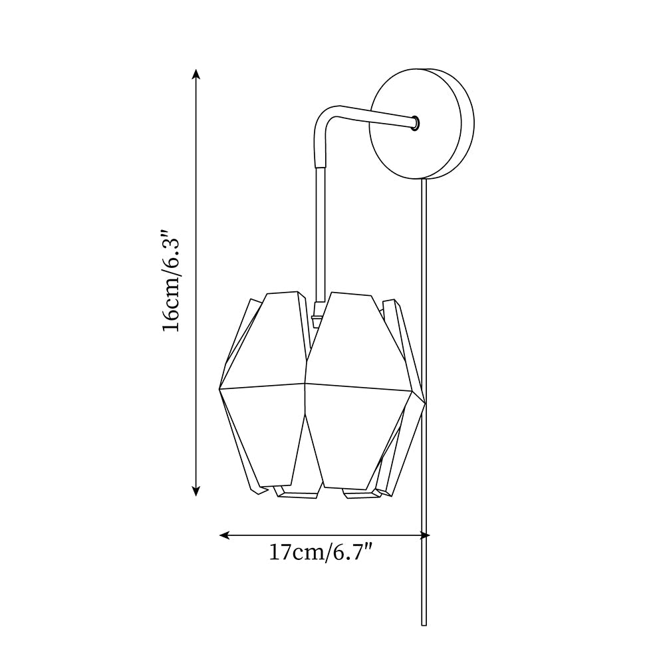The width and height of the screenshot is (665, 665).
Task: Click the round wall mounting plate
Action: pos(412,124)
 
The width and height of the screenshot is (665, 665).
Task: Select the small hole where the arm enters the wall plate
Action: pos(415,122)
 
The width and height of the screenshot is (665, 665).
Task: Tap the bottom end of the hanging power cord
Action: pos(424,624)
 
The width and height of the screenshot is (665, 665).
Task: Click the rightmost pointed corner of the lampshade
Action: pos(424,402)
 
